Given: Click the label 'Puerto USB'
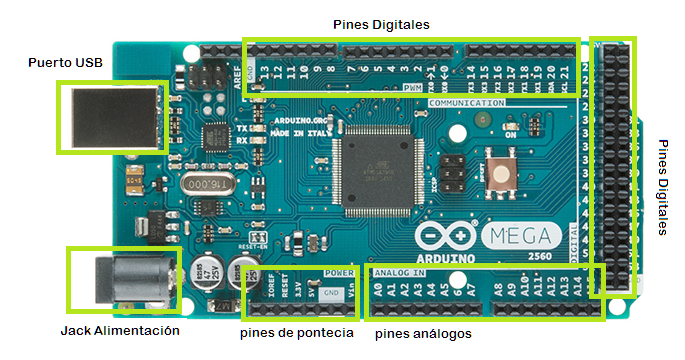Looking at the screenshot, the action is click(x=65, y=63).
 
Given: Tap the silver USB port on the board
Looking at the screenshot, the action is click(x=110, y=115).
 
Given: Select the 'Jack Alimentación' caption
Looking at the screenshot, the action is click(x=120, y=330).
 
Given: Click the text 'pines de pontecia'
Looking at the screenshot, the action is click(x=297, y=333).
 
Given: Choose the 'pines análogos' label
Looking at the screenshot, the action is click(x=422, y=333).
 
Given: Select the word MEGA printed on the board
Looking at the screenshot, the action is click(x=524, y=237).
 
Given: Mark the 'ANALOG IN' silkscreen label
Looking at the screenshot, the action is click(x=399, y=271).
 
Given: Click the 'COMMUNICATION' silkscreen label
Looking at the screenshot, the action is click(x=465, y=102).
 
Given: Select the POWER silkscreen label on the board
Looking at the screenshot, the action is click(x=340, y=271).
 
